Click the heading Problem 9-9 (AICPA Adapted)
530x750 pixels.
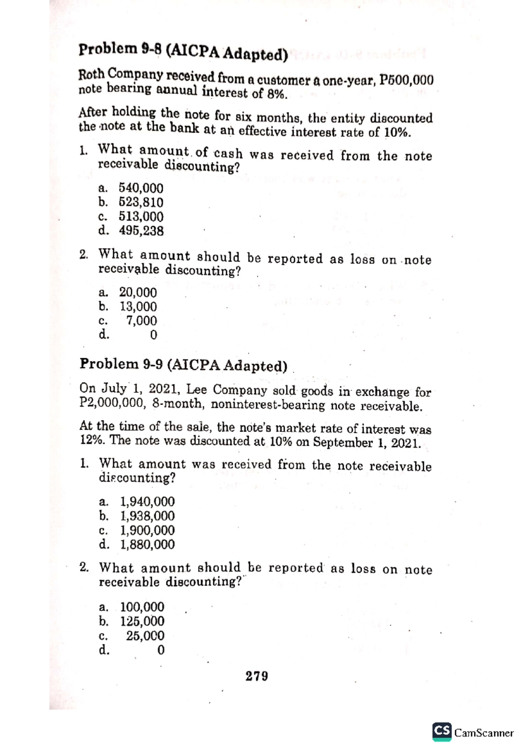point(183,365)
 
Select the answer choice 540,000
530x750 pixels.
point(141,188)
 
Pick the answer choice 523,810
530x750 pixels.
point(141,202)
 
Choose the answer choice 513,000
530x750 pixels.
point(141,216)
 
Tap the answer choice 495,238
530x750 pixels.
point(141,231)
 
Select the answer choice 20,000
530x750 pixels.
point(138,292)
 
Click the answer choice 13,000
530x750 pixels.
point(138,307)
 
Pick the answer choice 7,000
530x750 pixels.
point(141,321)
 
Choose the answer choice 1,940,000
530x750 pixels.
point(148,501)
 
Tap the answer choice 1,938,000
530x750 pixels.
point(148,515)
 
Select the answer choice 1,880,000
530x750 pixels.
point(148,544)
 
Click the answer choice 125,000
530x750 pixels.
point(142,621)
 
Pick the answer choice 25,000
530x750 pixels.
point(145,636)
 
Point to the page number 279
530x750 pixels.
point(257,676)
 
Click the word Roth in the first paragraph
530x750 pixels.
point(91,74)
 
